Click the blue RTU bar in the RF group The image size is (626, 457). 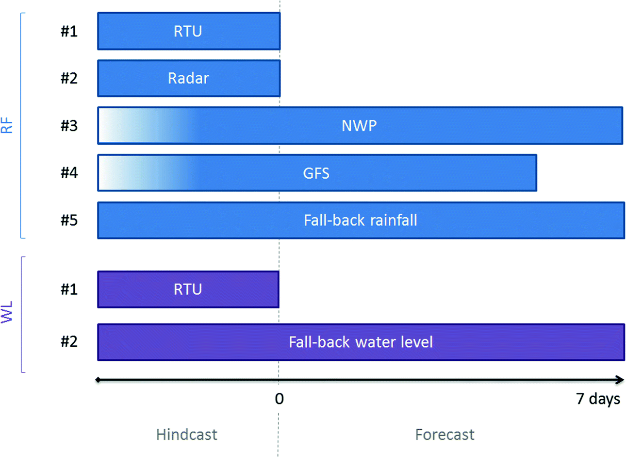(x=189, y=31)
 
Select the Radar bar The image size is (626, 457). (x=189, y=78)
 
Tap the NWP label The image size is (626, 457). (x=359, y=126)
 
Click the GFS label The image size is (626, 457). (x=316, y=173)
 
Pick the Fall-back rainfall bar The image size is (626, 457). (x=361, y=220)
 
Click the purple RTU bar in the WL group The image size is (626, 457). (x=188, y=289)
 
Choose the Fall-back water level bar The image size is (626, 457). (x=361, y=342)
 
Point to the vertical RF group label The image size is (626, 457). (x=7, y=125)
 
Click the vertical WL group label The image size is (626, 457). (x=7, y=312)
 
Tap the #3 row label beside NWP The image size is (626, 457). (x=69, y=126)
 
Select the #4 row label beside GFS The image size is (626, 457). (x=69, y=172)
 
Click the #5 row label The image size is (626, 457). (x=69, y=220)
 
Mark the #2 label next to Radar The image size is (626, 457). (x=69, y=78)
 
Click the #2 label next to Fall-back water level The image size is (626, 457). (x=69, y=341)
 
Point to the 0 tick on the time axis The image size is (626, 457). (x=279, y=399)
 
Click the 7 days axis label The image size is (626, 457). (x=598, y=399)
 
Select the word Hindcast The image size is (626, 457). (x=187, y=435)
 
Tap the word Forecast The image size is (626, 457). (x=445, y=435)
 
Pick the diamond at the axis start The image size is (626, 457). (x=98, y=380)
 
